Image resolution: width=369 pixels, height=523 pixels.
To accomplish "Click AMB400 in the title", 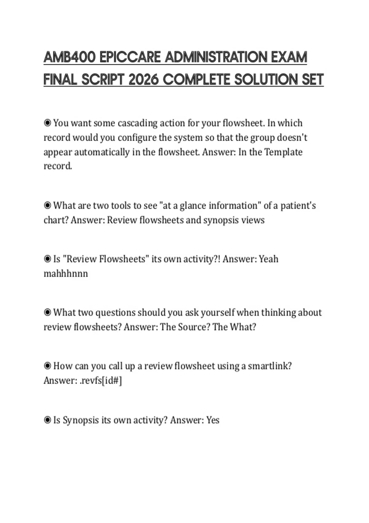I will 69,57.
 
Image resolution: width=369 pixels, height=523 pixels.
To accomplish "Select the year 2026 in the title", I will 144,80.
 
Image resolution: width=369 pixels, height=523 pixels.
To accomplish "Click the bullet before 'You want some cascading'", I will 47,123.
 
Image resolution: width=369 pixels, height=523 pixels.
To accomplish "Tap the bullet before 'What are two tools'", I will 47,206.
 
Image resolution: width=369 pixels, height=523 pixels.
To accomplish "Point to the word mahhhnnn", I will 66,273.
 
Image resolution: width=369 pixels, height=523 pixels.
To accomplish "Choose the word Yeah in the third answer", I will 268,259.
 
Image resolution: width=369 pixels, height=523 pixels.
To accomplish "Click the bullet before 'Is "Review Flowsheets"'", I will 47,259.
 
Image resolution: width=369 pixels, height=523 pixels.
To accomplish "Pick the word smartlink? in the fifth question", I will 270,366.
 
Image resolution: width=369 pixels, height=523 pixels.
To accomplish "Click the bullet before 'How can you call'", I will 47,366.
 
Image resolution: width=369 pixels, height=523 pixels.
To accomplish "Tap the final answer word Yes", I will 213,420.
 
